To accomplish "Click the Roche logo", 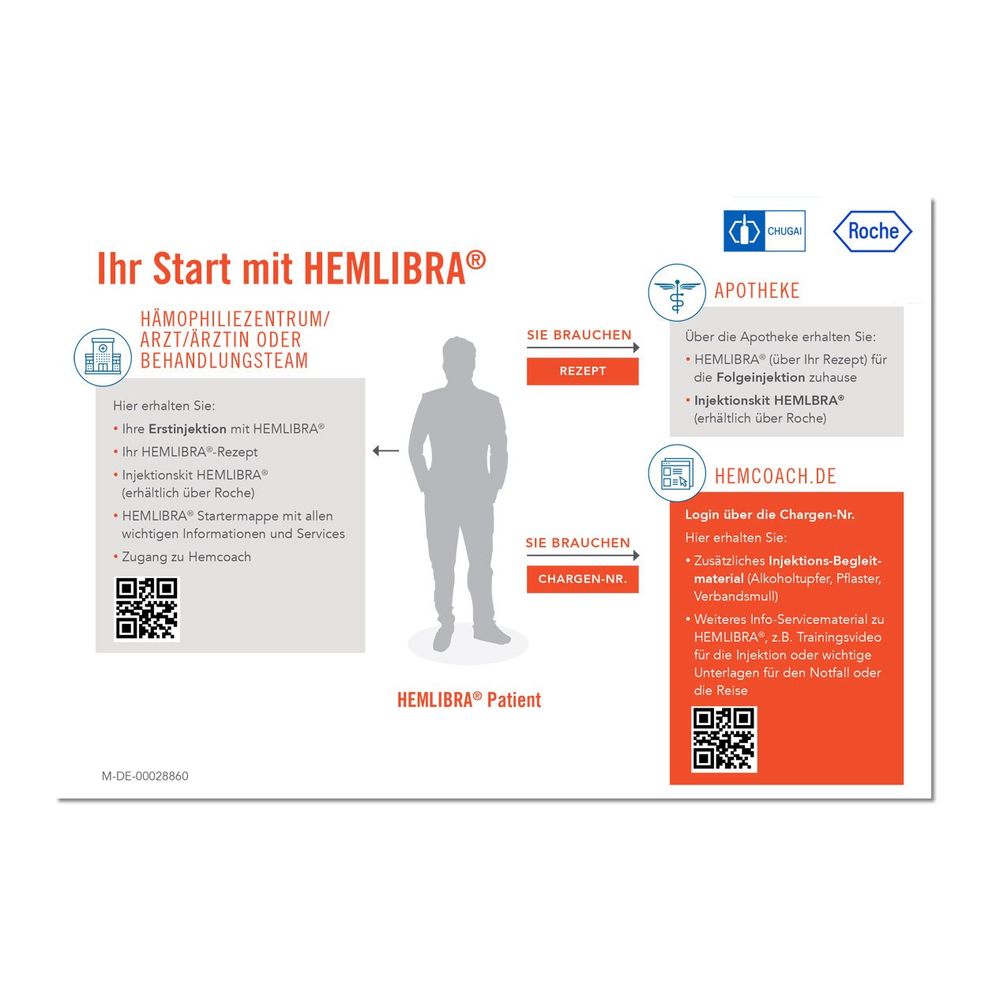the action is tap(872, 231).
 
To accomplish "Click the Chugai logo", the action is tap(764, 231).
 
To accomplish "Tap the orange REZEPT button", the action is tap(582, 371).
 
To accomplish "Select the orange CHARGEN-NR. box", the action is tap(582, 579).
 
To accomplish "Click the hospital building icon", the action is tap(103, 357).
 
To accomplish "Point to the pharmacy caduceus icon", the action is tap(677, 292).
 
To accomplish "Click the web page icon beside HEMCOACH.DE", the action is tap(677, 473).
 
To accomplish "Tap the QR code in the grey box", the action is tap(147, 609).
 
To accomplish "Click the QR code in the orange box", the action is tap(724, 739).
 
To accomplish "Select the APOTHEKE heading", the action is tap(757, 291).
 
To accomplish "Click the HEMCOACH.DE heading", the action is tap(776, 476).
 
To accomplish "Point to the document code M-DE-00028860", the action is tap(145, 776).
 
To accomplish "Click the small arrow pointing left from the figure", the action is tap(386, 450).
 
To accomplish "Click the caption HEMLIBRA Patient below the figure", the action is tap(469, 700).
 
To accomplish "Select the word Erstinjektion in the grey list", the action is tap(187, 429).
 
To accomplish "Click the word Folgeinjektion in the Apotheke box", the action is tap(761, 378).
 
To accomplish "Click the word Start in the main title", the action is tap(192, 269).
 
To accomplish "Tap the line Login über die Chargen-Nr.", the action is tap(769, 515).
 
